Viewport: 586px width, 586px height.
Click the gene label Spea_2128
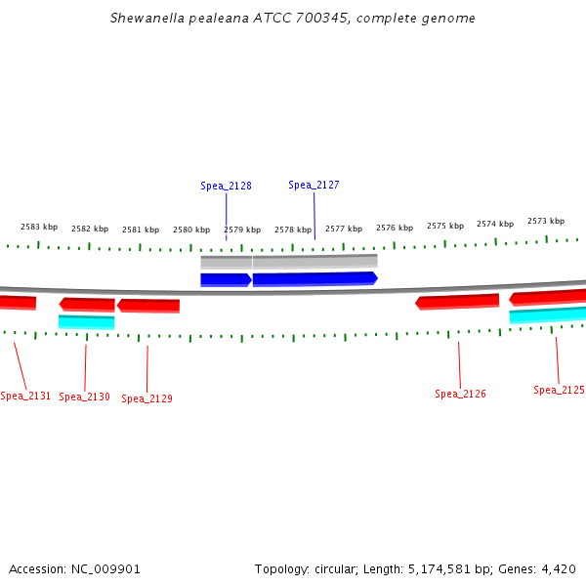pos(226,186)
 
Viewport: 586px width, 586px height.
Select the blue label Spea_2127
pos(314,185)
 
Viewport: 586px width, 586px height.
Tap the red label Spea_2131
pos(25,396)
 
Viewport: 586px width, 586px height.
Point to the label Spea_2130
pos(84,397)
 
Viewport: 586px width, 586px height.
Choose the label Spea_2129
pos(146,398)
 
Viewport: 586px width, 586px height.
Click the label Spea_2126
pos(460,394)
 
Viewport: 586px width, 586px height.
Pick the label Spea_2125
pos(559,390)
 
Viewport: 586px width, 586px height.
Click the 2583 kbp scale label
pos(39,227)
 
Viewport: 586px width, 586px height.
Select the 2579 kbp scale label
pos(242,230)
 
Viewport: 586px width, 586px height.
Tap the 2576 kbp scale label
pos(395,228)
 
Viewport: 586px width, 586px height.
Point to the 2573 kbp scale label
pos(546,221)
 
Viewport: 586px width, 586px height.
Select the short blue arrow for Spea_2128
pos(226,279)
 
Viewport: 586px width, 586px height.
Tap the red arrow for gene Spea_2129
pos(148,306)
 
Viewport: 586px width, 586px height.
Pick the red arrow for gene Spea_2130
pos(87,304)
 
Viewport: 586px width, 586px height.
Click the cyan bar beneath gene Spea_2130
pos(86,321)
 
